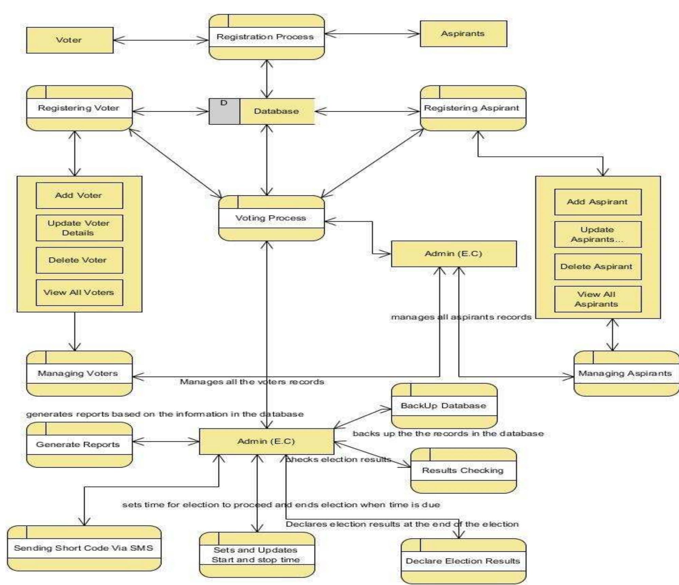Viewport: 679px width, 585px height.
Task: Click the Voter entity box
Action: pos(70,40)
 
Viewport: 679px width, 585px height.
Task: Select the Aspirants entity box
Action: pos(463,34)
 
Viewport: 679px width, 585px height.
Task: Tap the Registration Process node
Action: pos(266,37)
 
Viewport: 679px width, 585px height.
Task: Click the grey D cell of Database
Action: pos(224,111)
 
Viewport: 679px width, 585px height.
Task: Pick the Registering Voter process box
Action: pos(79,108)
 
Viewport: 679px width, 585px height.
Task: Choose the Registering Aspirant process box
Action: pos(473,108)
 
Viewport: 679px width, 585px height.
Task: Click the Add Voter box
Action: pos(79,195)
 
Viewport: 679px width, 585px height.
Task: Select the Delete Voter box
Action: pos(79,260)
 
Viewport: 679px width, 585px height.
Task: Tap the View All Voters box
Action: pos(79,292)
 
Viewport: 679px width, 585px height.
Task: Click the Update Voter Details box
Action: pos(79,228)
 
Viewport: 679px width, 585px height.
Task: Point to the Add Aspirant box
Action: pos(598,202)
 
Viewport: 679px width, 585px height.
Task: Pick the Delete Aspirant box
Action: pos(598,267)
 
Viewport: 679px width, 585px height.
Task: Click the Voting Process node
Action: pos(271,218)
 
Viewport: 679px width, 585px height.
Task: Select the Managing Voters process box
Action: pos(79,373)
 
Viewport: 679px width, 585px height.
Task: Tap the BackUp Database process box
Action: pos(444,406)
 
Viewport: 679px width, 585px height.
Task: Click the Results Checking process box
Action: pos(463,470)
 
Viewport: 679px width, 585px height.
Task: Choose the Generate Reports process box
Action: pos(79,445)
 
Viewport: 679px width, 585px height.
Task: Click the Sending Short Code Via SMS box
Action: pos(84,548)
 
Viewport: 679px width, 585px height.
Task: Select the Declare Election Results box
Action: pos(463,561)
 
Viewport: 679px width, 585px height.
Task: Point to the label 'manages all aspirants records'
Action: pos(461,317)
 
